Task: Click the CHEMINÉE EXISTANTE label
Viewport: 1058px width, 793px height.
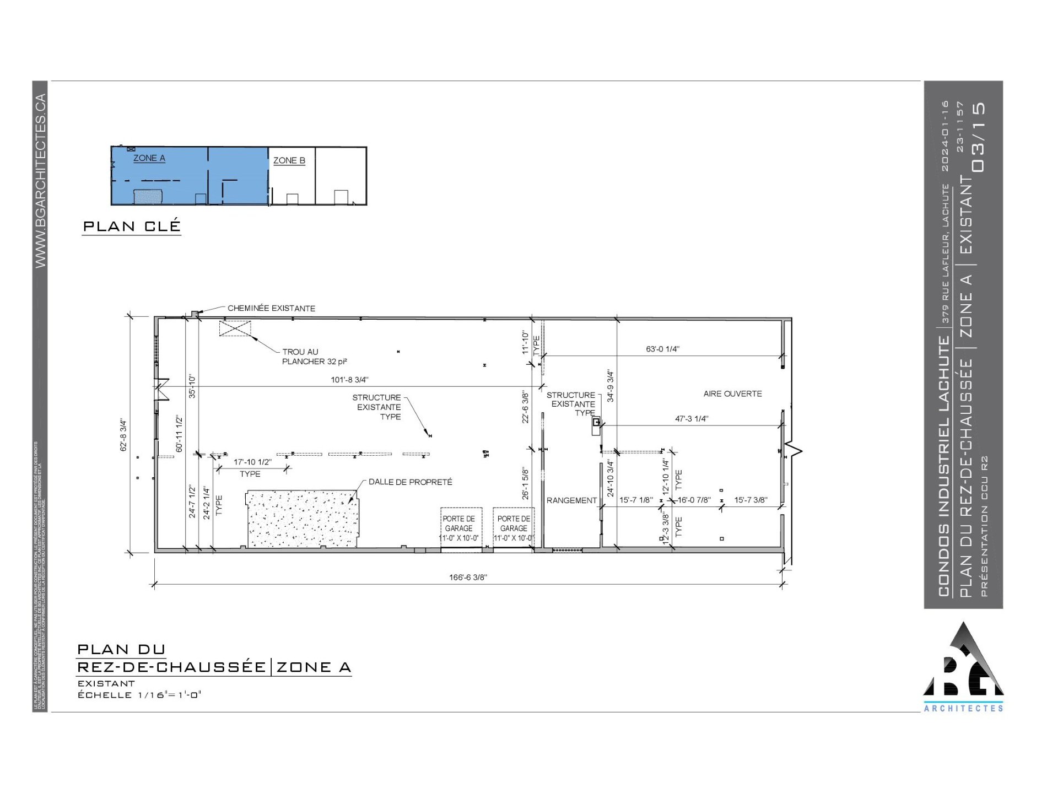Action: (271, 308)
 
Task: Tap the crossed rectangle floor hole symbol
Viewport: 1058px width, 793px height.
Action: (235, 328)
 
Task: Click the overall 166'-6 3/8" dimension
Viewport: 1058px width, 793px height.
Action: (468, 578)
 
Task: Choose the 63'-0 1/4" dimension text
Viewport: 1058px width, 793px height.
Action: (662, 349)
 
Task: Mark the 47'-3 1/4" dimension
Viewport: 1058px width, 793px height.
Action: (692, 418)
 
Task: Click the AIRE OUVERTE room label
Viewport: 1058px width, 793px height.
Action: (732, 393)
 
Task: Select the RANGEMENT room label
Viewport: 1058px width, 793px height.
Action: (571, 500)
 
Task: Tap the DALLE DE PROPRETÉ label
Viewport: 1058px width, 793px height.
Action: (410, 482)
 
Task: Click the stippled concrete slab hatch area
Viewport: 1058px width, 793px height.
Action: (301, 519)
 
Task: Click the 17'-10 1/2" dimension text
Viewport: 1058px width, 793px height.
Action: (252, 462)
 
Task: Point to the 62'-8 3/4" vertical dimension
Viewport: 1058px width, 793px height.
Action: (123, 435)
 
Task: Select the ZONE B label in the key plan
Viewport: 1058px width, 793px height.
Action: (289, 160)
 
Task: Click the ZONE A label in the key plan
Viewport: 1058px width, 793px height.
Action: (149, 158)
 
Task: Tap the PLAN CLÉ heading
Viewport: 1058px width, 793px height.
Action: (132, 226)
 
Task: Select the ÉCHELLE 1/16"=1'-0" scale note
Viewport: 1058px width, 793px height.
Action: (139, 695)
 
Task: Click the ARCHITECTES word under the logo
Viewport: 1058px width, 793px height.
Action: (963, 708)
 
